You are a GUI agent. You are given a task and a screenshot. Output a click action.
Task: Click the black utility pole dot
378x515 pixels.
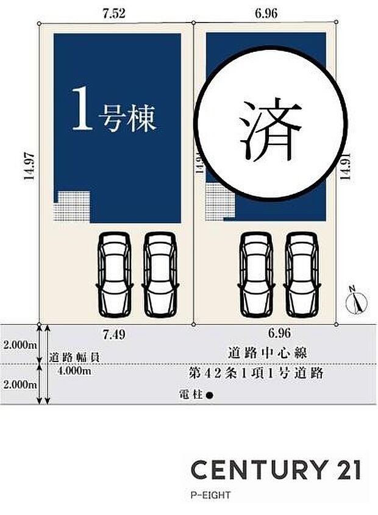point(209,396)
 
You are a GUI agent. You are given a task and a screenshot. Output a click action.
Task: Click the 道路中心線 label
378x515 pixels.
point(266,353)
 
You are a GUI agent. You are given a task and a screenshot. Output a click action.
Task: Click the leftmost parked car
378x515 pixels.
point(115,275)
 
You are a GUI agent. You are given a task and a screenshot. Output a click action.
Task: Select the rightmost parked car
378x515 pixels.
point(303,275)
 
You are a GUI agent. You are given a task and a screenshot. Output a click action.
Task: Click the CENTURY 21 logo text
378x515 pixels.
point(276,470)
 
